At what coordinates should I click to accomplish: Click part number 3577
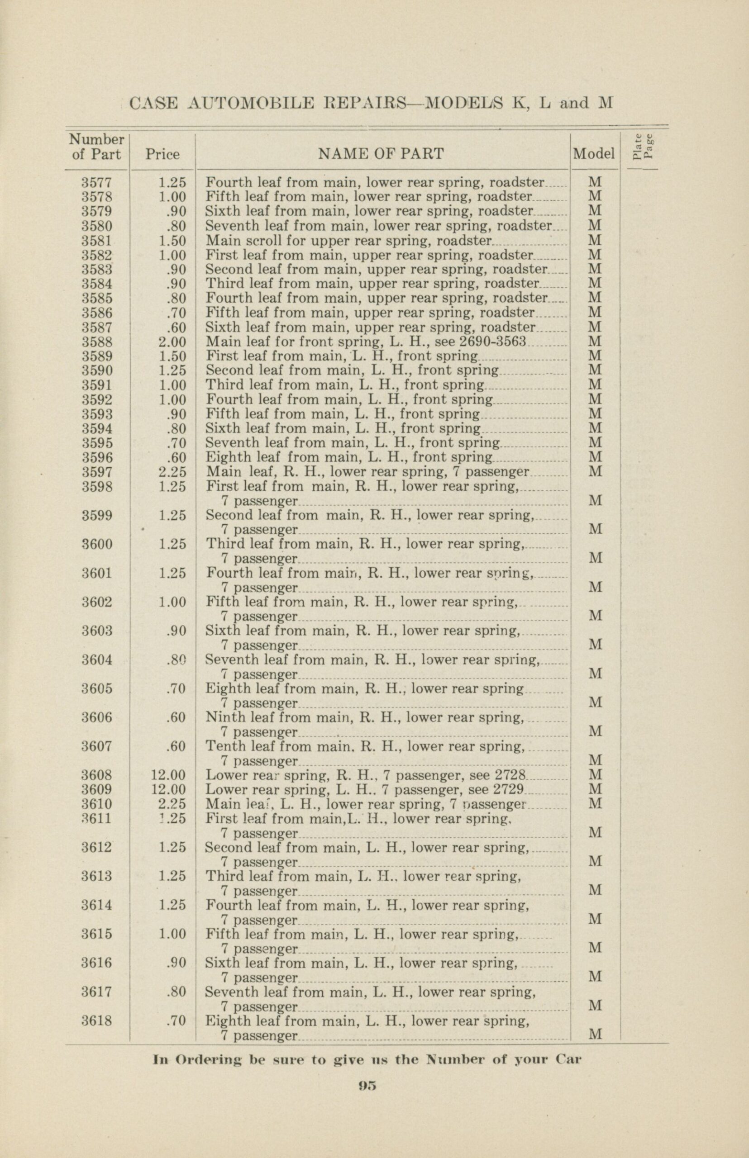coord(97,182)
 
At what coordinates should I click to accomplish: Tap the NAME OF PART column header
coord(380,154)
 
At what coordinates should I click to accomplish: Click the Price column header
coord(162,155)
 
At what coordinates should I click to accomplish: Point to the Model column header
coord(594,154)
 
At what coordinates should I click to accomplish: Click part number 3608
coord(97,774)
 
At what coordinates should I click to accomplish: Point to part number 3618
coord(97,1020)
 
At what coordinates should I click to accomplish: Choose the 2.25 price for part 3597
coord(172,471)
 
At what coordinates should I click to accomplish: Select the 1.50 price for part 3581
coord(172,240)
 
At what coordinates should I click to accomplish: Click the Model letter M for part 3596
coord(595,457)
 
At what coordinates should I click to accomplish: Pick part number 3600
coord(97,544)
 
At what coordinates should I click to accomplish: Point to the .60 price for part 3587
coord(176,327)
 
